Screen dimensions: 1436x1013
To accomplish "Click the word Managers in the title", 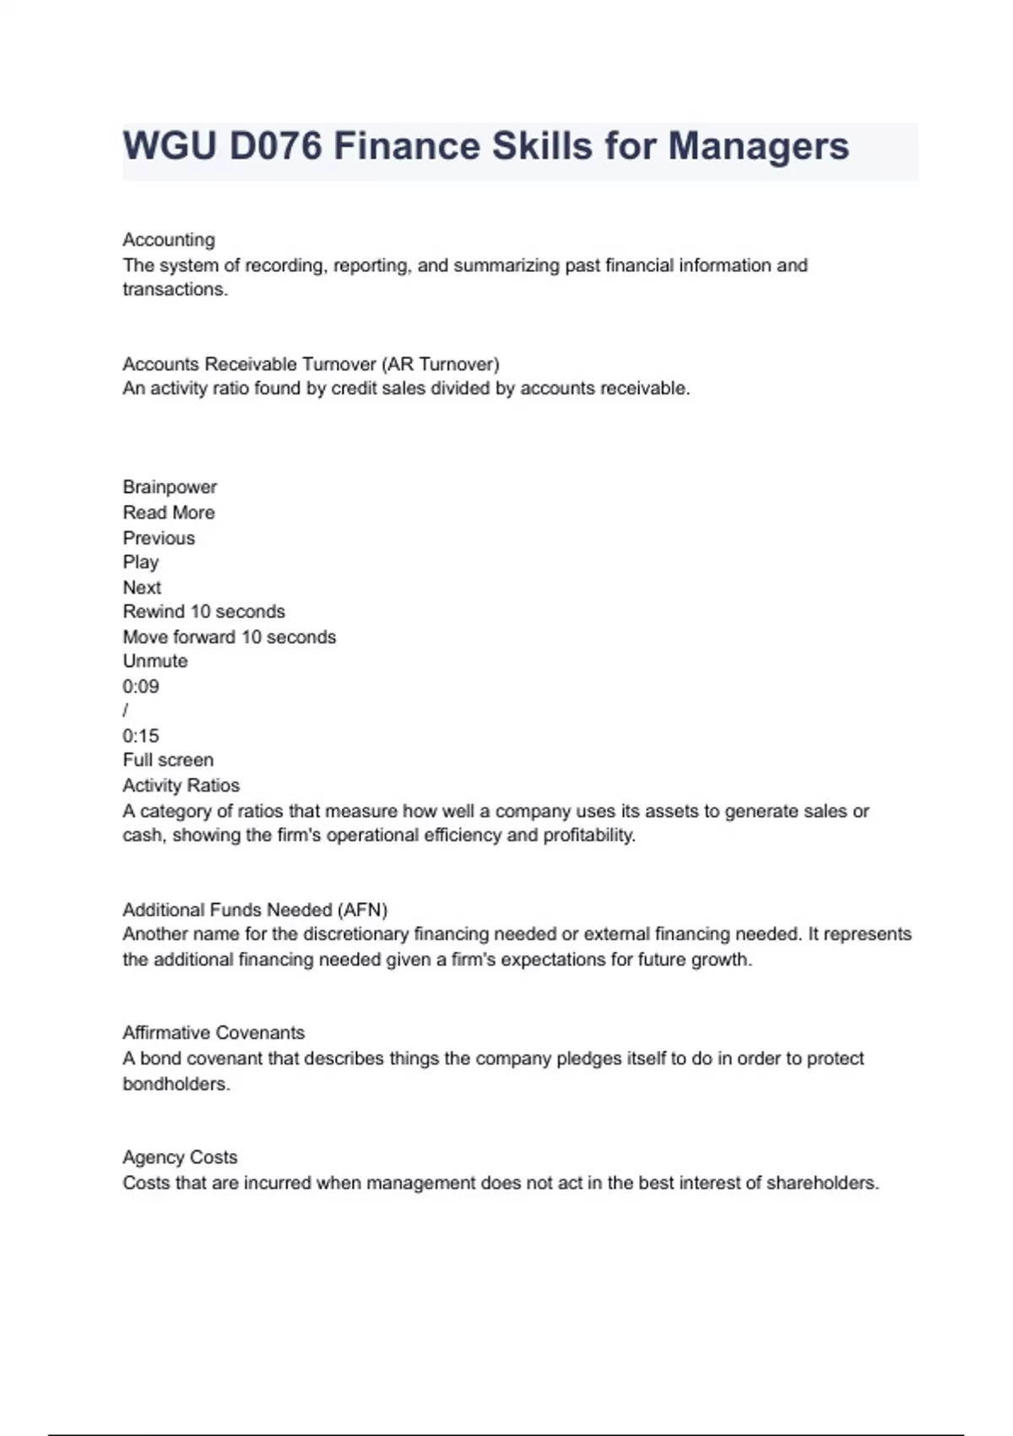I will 758,146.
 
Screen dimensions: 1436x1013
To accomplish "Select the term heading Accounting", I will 169,240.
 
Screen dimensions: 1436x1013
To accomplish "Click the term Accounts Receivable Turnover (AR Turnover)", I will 311,364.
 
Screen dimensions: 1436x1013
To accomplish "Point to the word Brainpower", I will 170,487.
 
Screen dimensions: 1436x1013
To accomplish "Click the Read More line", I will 169,513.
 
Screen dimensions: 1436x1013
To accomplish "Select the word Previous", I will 159,538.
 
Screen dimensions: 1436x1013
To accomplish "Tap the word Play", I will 140,563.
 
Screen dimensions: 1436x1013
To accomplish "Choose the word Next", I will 142,588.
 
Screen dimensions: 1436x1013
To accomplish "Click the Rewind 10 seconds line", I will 203,612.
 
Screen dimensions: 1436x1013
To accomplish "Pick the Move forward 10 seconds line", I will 229,637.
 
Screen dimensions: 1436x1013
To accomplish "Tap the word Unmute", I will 155,661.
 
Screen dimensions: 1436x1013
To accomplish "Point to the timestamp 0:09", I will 141,687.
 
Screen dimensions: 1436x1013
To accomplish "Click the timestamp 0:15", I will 141,736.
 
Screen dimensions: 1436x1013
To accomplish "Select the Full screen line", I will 168,760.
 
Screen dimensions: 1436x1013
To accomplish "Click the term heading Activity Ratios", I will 181,786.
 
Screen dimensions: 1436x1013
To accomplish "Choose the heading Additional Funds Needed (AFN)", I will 255,910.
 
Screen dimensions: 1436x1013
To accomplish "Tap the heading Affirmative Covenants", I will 214,1033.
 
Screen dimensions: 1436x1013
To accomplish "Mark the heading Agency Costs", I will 180,1157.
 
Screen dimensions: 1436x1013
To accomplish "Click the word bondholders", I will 175,1084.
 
